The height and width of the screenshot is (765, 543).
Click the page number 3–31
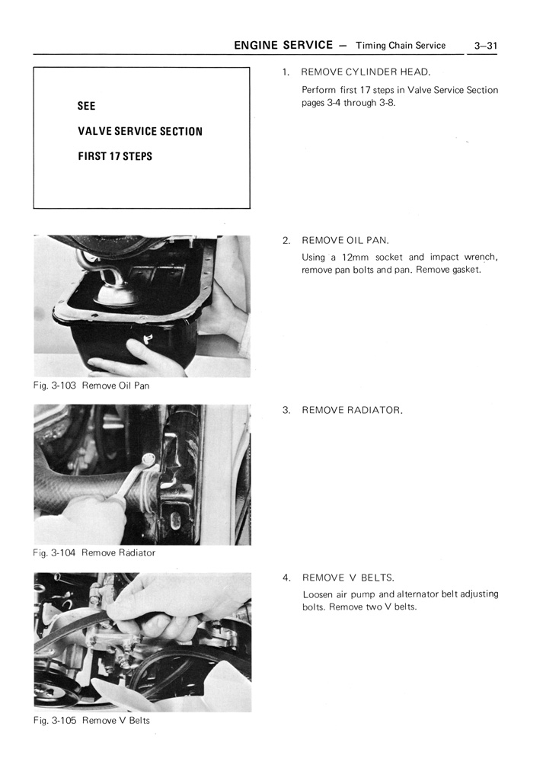coord(485,46)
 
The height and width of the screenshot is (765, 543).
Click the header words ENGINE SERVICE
coord(283,45)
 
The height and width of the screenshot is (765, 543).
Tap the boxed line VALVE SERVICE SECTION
coord(140,131)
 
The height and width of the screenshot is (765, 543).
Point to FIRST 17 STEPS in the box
coord(115,156)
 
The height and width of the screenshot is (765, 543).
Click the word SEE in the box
coord(87,106)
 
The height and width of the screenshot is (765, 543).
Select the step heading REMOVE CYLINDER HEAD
coord(366,72)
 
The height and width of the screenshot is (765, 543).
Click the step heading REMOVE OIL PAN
coord(345,240)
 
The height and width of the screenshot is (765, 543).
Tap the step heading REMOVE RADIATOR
coord(352,410)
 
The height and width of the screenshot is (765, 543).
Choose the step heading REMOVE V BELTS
coord(348,578)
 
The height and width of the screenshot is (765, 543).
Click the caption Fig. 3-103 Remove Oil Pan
coord(91,386)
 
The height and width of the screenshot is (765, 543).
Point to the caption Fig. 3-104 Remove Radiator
coord(94,552)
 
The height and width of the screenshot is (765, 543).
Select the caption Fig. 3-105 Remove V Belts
coord(91,720)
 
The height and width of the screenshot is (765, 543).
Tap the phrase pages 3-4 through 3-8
coord(349,103)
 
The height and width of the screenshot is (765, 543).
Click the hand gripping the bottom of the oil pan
coord(129,358)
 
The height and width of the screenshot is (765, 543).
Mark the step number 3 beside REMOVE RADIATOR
coord(286,410)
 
